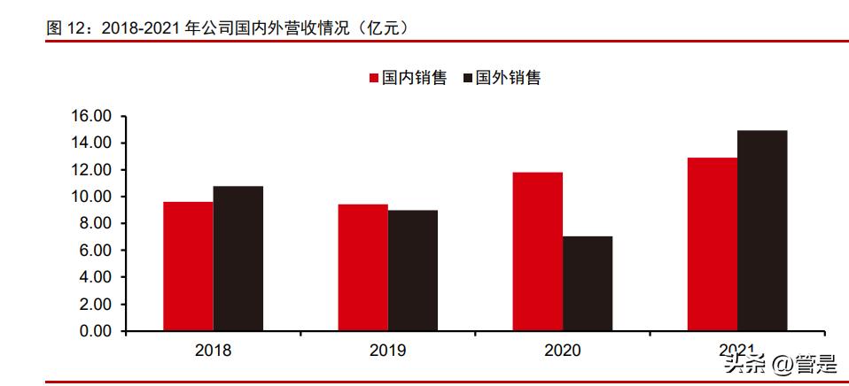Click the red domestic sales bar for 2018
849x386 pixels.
[x=188, y=266]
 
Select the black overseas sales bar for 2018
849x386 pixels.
[x=238, y=259]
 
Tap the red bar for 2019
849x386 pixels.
[x=362, y=267]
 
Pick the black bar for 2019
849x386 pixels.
[x=412, y=270]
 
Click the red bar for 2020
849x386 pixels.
[x=538, y=251]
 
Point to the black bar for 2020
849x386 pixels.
[x=588, y=283]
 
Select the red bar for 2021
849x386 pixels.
[x=713, y=244]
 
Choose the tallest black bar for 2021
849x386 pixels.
[x=762, y=230]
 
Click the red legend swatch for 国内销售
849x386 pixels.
[x=373, y=78]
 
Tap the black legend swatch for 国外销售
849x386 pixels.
[x=467, y=78]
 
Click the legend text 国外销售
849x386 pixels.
[x=508, y=78]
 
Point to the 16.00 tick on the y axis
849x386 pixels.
[x=91, y=116]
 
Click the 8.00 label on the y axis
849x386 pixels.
[x=95, y=223]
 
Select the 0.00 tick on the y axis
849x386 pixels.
[x=95, y=331]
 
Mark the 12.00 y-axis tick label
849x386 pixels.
[x=91, y=170]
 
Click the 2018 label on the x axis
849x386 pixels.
[x=213, y=351]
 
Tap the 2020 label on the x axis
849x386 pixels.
[x=563, y=351]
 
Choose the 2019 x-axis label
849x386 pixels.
[x=387, y=351]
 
